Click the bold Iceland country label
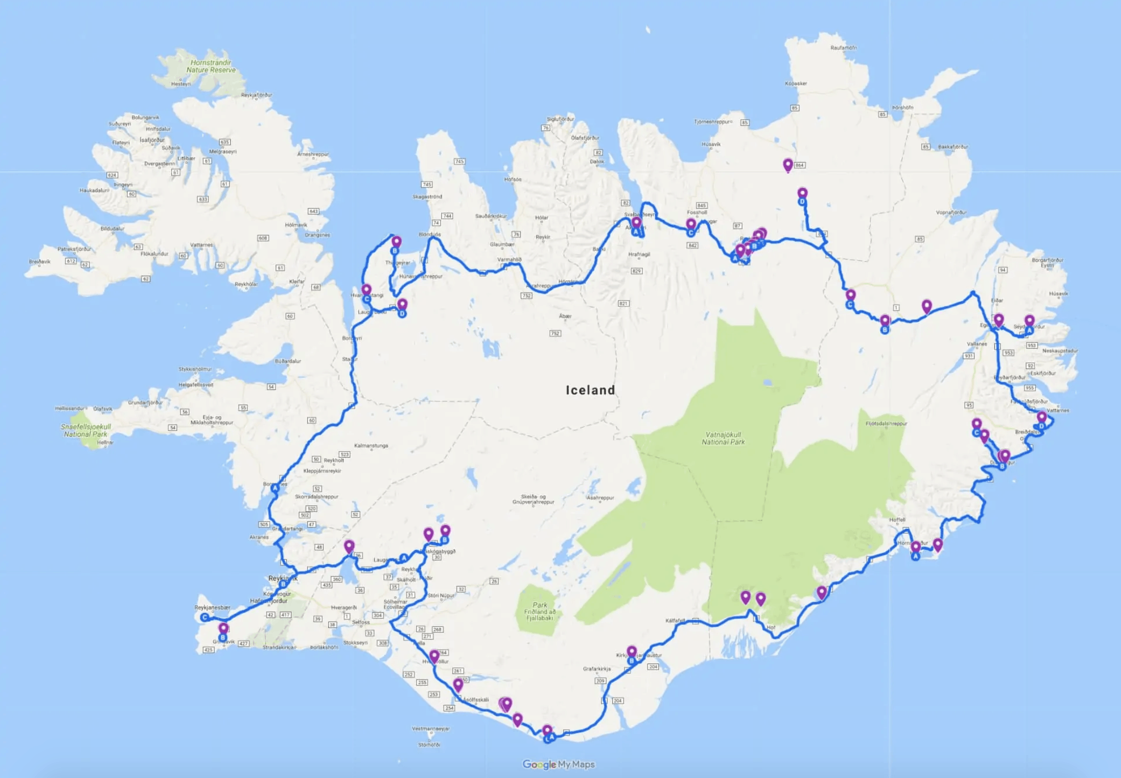pos(590,390)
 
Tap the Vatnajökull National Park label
pos(723,438)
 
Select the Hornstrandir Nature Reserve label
pos(211,66)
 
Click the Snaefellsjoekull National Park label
pos(86,430)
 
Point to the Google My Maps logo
pos(558,764)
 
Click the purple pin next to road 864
pos(788,165)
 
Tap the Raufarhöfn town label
pos(844,48)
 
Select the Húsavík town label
pos(711,144)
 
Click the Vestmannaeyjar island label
pos(431,728)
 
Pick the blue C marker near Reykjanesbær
pos(205,617)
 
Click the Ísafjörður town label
pos(152,140)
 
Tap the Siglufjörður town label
pos(560,119)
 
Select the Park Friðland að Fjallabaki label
pos(539,611)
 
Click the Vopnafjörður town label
pos(951,212)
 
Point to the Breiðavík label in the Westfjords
pos(39,261)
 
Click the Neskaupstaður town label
pos(1060,351)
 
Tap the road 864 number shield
pos(799,165)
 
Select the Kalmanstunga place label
pos(371,445)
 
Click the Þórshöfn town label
pos(903,108)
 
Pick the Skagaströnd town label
pos(427,196)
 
